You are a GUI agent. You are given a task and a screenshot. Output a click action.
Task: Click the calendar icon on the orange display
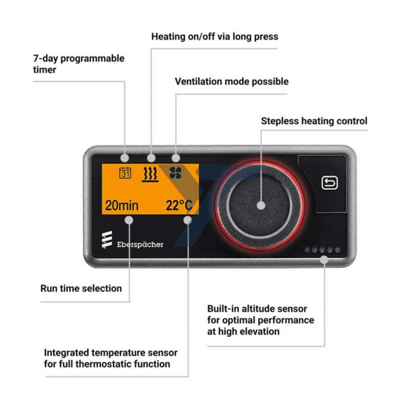[x=125, y=173]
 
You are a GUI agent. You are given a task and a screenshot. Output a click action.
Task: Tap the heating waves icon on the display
[x=151, y=174]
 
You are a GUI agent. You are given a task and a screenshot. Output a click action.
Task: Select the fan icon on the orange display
[x=175, y=173]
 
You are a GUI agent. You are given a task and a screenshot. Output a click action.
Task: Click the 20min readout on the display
[x=122, y=206]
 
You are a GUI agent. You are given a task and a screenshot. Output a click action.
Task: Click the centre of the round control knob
[x=261, y=206]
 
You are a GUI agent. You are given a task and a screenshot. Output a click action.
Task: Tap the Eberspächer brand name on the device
[x=140, y=244]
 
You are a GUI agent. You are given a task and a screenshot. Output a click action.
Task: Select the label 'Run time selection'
[x=81, y=288]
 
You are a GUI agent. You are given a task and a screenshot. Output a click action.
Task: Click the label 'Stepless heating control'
[x=314, y=121]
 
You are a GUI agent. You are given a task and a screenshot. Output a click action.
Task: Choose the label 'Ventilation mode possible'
[x=231, y=82]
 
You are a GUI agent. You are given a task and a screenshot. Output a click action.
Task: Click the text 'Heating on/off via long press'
[x=215, y=37]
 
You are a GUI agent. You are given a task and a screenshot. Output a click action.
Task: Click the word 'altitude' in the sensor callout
[x=260, y=309]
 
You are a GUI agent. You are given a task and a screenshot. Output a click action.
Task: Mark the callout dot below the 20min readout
[x=129, y=219]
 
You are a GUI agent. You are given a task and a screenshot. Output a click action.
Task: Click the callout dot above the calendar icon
[x=125, y=158]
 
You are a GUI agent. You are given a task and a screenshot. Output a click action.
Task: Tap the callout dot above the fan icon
[x=176, y=158]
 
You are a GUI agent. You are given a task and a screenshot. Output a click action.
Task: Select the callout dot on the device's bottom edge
[x=324, y=260]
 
